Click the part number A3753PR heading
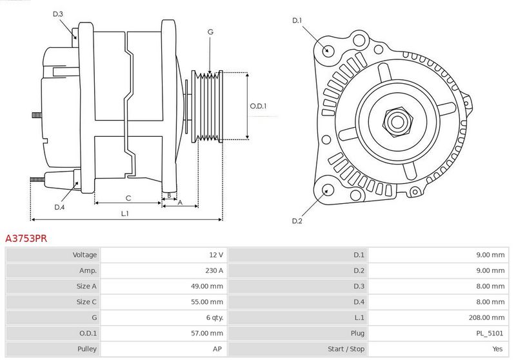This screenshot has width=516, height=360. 26,238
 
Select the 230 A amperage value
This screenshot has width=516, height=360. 214,270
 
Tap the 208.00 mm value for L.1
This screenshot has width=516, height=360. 486,317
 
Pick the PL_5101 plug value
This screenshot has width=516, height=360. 490,333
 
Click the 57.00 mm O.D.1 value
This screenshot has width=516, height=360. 207,333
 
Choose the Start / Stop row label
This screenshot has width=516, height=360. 346,349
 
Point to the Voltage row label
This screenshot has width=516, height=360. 84,255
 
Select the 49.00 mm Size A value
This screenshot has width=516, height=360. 207,286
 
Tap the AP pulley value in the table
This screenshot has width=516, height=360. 217,349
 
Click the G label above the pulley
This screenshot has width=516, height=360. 210,32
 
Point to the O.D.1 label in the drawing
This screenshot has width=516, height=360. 258,106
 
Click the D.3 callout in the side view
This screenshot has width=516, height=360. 57,14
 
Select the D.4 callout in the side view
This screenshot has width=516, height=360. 59,207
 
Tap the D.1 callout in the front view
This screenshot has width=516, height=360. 297,21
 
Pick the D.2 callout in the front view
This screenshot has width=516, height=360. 297,221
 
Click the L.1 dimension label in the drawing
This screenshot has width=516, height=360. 124,214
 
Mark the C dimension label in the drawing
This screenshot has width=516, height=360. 128,198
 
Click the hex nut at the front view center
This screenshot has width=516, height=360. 397,122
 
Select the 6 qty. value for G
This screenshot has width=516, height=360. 215,317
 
